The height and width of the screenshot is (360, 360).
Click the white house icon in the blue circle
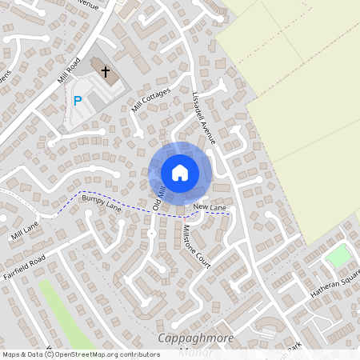pos(180,172)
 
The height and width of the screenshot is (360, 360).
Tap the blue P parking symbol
pos(78,101)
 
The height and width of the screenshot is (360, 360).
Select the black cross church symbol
pos(105,72)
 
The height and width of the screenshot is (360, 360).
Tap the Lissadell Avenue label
pos(203,117)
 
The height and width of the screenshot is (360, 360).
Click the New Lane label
pos(210,208)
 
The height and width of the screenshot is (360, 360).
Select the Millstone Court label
pos(197,246)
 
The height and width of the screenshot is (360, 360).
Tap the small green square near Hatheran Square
pos(339,256)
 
